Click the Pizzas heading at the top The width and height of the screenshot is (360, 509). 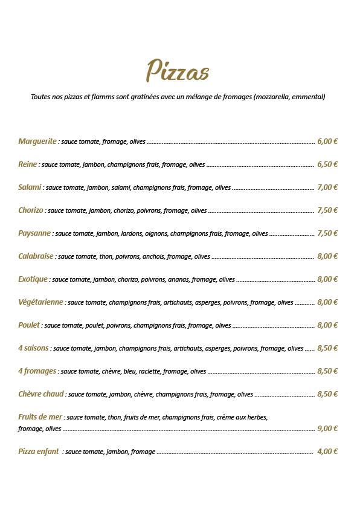[178, 71]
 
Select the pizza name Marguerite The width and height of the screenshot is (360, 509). [37, 141]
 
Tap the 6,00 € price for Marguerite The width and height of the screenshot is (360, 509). [327, 141]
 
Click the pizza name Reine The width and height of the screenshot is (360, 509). [28, 164]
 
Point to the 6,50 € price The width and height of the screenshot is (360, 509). [327, 164]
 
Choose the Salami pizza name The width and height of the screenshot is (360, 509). [30, 187]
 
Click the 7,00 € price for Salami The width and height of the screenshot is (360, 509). [327, 187]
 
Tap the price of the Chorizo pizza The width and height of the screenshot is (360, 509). [327, 210]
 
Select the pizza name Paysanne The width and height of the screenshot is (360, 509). [34, 233]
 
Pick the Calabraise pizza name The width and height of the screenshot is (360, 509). [36, 256]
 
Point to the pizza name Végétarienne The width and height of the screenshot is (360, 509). [41, 302]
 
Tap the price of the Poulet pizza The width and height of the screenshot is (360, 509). [327, 325]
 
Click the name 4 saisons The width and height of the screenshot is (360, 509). [33, 348]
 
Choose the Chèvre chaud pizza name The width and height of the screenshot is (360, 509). [40, 394]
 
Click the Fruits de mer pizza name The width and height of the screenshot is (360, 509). [40, 417]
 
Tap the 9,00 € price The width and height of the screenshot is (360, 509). [327, 429]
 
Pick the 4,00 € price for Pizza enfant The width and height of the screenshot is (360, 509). [327, 452]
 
